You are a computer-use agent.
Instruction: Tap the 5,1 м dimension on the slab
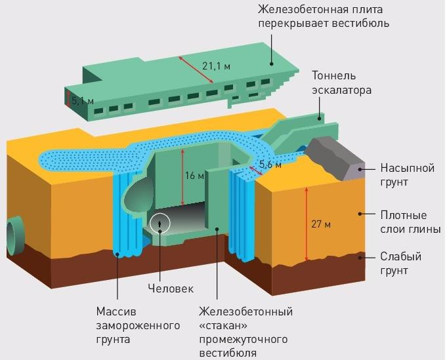click(x=83, y=102)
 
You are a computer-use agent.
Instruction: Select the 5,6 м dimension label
click(x=270, y=165)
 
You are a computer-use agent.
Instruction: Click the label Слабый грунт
click(x=400, y=263)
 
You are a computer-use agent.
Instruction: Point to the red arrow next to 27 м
click(x=306, y=223)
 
